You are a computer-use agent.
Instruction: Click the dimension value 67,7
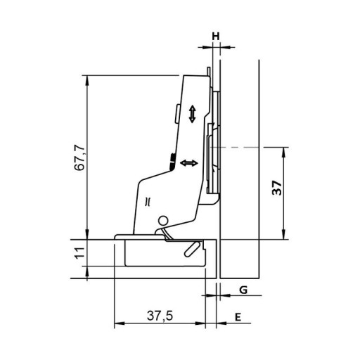[79, 157]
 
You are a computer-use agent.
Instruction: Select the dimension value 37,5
[160, 316]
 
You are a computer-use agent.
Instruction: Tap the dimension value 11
[79, 253]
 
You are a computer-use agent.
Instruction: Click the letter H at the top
[216, 37]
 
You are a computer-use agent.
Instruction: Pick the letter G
[243, 290]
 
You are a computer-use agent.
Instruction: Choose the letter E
[238, 317]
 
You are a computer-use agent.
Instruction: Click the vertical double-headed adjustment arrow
[192, 114]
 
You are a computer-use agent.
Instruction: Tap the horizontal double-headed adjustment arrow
[189, 163]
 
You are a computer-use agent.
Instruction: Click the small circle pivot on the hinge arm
[162, 221]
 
